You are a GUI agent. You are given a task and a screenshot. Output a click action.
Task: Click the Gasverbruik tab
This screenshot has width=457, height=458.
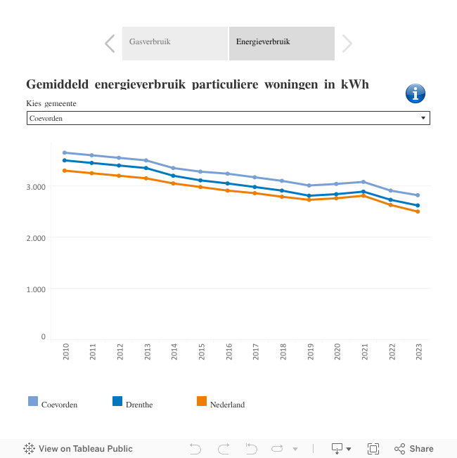coord(174,42)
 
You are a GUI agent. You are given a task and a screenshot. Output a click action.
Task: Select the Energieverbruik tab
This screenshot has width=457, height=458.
coord(281,42)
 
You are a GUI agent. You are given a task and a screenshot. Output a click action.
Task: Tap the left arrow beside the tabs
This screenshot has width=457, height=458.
coord(110,44)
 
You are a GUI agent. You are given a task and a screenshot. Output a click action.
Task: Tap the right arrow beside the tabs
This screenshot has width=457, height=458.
coord(347,44)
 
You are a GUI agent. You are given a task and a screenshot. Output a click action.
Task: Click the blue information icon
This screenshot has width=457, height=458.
coord(416,93)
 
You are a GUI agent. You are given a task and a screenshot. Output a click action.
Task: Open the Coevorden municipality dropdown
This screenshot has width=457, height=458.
coord(228,118)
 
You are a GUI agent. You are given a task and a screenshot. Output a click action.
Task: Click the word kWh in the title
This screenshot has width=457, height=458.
coord(355,84)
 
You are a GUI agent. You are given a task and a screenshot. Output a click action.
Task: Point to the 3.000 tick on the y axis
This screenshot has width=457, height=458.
coord(36,187)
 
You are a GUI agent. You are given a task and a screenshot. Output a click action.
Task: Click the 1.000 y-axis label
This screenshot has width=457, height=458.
coord(36,289)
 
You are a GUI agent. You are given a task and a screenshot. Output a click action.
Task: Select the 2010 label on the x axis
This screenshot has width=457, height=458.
coord(66,353)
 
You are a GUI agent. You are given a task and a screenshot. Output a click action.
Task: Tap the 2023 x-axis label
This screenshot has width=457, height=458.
coord(419,353)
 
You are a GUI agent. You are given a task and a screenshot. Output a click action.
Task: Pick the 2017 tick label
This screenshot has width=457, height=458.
coord(256,353)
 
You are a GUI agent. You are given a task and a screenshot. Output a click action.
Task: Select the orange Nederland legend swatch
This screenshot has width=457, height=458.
coord(202,402)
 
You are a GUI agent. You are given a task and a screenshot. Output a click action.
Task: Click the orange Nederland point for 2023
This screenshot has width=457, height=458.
coord(418,211)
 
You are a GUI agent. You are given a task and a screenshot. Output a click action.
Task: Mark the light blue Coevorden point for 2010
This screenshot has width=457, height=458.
coord(65,152)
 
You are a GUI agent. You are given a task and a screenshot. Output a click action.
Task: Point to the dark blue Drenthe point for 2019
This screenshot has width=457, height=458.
coord(309,196)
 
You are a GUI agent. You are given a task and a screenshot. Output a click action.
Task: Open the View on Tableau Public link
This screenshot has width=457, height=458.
coord(78,449)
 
